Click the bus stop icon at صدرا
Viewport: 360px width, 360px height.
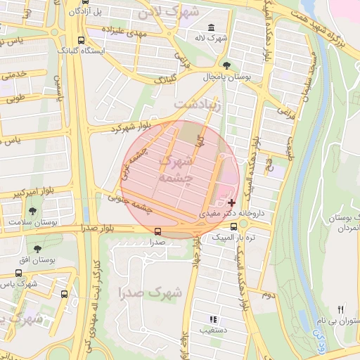(157, 231)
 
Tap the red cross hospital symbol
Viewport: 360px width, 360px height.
(232, 202)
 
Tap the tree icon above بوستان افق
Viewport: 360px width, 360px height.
(37, 248)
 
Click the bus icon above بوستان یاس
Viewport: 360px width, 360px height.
(20, 273)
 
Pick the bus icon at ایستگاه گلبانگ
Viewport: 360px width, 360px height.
(82, 40)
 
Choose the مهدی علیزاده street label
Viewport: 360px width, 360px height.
(122, 32)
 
